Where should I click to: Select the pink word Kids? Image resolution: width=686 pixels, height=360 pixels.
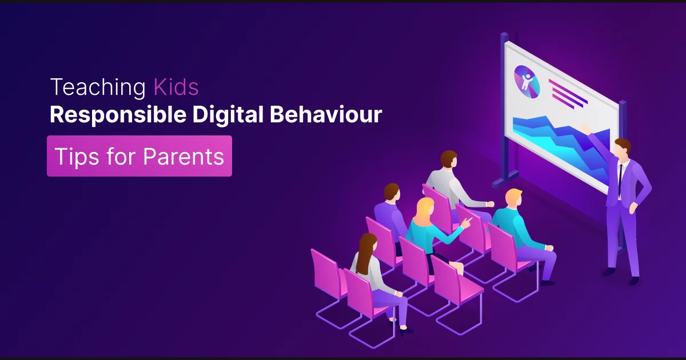click(176, 87)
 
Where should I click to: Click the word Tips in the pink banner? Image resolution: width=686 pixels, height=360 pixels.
click(75, 156)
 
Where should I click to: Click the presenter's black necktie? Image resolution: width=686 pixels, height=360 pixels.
click(620, 175)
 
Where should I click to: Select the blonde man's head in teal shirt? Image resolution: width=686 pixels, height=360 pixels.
click(513, 198)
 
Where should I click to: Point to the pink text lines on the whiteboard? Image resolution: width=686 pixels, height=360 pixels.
click(567, 93)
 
